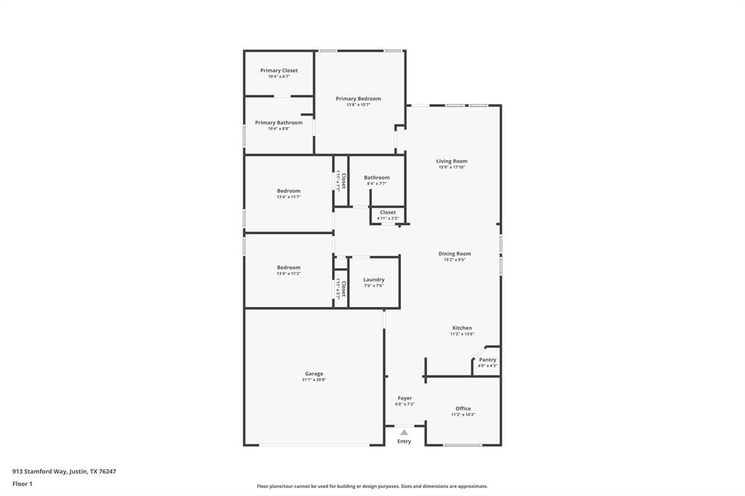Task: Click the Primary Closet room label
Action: click(279, 71)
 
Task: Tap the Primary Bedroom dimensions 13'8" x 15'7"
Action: click(358, 105)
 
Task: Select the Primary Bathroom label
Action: click(279, 123)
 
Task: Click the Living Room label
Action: click(452, 161)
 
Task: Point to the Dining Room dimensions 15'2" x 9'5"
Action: click(455, 260)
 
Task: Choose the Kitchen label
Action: click(462, 328)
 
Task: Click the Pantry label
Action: click(487, 360)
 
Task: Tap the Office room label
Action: click(463, 409)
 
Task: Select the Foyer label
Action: click(405, 399)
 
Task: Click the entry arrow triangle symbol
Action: click(405, 432)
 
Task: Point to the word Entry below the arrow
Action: click(404, 441)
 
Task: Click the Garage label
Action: click(314, 374)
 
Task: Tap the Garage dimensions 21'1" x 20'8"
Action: click(314, 380)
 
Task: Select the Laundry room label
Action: click(374, 280)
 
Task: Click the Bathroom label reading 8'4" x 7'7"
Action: click(377, 177)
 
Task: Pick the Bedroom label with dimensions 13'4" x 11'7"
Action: click(288, 191)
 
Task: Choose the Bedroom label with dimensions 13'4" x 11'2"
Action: click(288, 268)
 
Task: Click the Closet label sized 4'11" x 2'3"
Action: click(388, 212)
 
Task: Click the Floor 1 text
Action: click(23, 484)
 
